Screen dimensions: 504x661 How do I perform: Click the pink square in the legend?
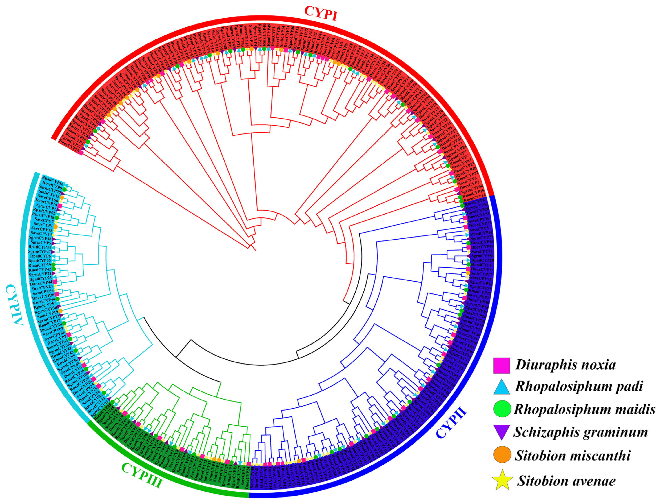(x=501, y=365)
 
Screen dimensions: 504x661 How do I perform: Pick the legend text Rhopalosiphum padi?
(x=579, y=386)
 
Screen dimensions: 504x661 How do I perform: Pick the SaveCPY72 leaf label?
(x=482, y=251)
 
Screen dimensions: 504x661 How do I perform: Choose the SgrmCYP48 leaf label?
(x=40, y=238)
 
